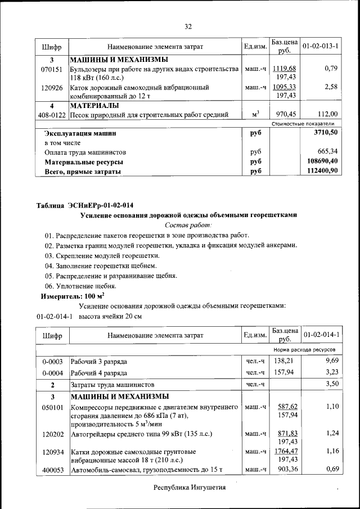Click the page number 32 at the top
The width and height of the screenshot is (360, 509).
coord(188,26)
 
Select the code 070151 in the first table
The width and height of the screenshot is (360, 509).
coord(52,69)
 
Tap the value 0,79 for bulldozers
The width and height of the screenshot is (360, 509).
coord(330,69)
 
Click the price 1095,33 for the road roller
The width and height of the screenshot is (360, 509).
coord(285,87)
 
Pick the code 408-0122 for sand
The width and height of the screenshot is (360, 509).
coord(52,115)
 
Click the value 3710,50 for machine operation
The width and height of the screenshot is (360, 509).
coord(326,133)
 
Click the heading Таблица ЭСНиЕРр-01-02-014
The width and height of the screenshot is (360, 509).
coord(85,204)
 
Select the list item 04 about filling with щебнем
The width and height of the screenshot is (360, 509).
coord(101,265)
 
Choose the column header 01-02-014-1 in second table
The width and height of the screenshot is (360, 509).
coord(321,335)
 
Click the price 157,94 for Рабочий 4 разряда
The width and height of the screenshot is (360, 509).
coord(286,372)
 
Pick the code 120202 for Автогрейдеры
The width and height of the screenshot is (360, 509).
coord(52,434)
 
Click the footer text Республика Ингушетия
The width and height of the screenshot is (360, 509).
coord(190,488)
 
